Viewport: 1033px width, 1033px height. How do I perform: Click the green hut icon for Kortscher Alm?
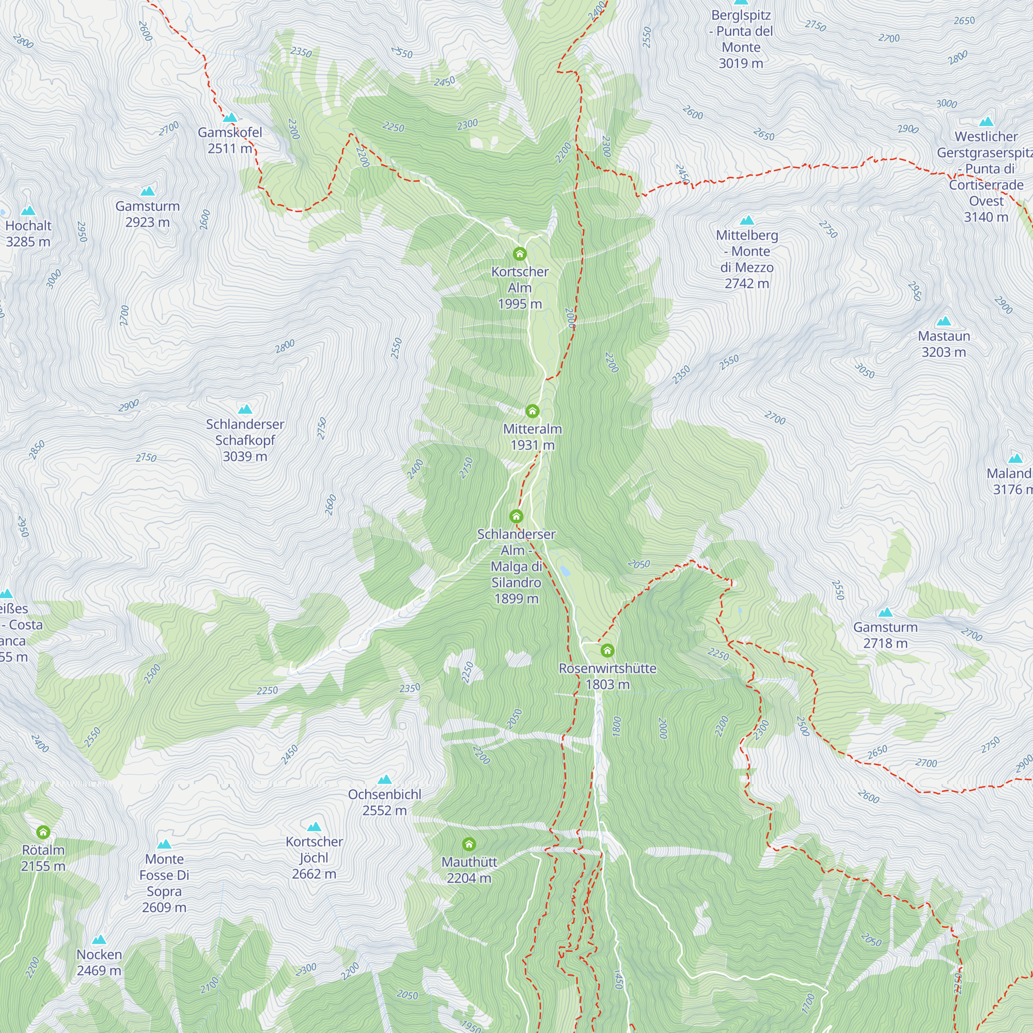[519, 254]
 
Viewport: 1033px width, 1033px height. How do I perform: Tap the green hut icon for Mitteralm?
[532, 411]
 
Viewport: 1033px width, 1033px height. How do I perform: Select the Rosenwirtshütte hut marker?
[607, 650]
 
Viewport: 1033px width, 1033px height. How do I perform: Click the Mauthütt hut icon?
[469, 844]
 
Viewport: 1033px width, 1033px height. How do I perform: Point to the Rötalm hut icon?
[43, 832]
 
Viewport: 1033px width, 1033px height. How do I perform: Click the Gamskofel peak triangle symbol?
[230, 118]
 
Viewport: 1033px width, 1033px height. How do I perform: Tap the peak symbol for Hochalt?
[28, 211]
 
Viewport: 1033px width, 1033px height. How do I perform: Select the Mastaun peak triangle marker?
[944, 321]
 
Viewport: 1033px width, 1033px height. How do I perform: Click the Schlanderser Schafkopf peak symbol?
[245, 410]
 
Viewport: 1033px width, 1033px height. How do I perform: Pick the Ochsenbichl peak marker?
[384, 779]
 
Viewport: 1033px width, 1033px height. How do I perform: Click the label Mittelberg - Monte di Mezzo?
[746, 259]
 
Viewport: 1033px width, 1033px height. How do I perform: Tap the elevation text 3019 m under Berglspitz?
[741, 64]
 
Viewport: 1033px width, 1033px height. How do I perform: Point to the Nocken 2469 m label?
[99, 962]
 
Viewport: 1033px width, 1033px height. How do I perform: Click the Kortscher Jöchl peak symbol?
[314, 826]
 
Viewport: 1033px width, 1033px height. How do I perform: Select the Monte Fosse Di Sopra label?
[164, 883]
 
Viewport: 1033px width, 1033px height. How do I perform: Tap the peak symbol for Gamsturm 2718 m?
[885, 612]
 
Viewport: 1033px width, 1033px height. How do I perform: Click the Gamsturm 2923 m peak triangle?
[148, 192]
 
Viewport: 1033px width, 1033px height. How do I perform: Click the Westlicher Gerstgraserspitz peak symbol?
[986, 122]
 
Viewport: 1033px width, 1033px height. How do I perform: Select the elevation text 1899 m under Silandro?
[516, 598]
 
